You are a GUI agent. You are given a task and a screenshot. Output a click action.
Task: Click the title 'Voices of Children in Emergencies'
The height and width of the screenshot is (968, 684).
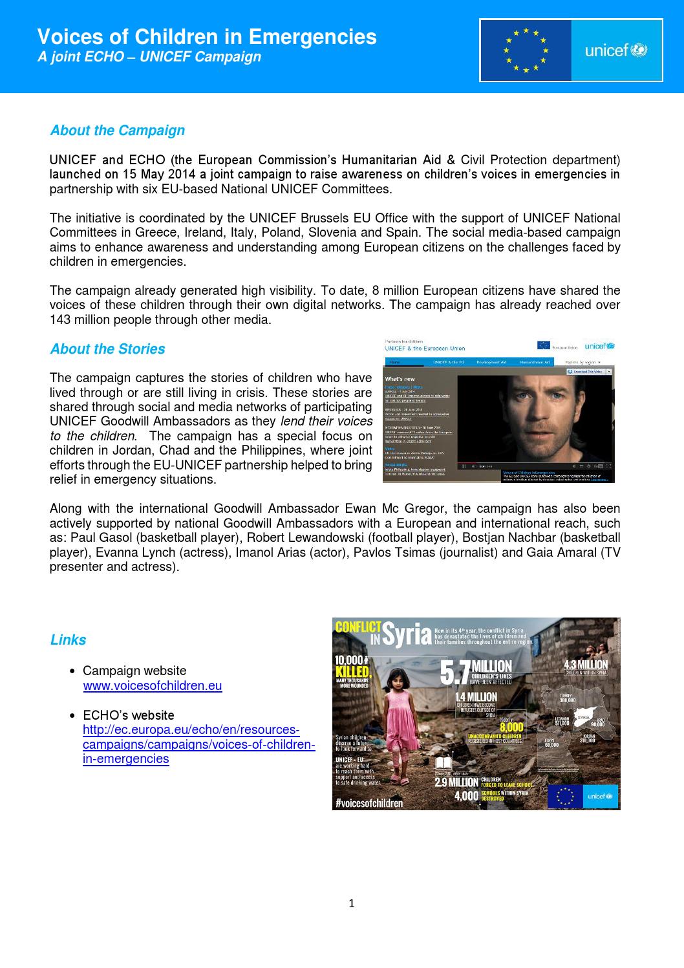(207, 37)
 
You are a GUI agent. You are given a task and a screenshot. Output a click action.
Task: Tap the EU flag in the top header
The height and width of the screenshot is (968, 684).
(526, 50)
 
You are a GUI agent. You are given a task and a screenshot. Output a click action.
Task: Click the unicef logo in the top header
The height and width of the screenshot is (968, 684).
(616, 50)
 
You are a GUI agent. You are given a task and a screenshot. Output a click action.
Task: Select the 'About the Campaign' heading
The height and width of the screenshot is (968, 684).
(117, 131)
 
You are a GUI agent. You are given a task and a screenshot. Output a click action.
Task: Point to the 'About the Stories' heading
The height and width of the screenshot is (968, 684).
(107, 349)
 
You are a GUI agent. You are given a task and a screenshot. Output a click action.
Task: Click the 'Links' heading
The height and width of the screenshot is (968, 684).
(68, 640)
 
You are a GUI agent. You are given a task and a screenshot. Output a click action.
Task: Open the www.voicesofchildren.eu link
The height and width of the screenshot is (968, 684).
(153, 686)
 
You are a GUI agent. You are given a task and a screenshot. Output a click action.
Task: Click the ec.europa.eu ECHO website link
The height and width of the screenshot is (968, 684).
(198, 745)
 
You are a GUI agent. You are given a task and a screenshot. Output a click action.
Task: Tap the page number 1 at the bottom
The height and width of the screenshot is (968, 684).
(352, 903)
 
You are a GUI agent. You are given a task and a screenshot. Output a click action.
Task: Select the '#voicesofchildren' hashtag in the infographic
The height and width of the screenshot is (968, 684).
(369, 803)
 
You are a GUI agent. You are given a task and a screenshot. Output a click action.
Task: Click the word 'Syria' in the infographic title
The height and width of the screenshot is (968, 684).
(407, 634)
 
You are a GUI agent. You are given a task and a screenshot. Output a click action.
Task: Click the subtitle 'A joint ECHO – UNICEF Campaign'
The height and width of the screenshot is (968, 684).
(149, 57)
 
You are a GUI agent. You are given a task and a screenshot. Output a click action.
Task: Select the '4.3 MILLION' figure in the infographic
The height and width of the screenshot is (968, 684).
(585, 665)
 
